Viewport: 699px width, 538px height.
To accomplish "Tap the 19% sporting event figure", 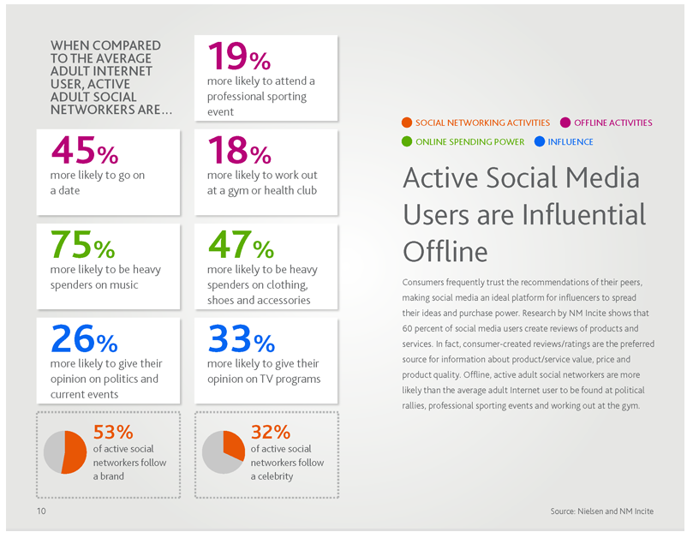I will pos(239,57).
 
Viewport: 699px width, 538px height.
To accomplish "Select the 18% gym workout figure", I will pos(239,152).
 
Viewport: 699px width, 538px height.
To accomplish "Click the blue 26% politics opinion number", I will pos(84,340).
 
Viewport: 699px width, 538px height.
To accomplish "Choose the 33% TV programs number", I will pos(241,340).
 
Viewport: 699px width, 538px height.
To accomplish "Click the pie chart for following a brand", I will pos(65,451).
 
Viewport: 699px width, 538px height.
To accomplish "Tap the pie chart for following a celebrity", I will pos(223,451).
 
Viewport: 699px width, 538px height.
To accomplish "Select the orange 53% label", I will pos(112,431).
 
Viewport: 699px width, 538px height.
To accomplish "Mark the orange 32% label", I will pos(270,431).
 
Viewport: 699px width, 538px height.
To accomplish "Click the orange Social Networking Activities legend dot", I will pos(407,123).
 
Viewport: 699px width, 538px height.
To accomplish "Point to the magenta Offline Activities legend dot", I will pos(565,123).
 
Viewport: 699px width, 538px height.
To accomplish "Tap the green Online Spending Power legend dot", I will pos(407,141).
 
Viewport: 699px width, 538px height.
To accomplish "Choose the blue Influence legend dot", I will pos(539,141).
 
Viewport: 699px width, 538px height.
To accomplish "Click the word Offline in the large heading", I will pos(445,252).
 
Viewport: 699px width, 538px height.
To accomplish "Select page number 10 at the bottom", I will pos(41,511).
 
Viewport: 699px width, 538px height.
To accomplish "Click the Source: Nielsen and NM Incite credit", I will pos(601,511).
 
